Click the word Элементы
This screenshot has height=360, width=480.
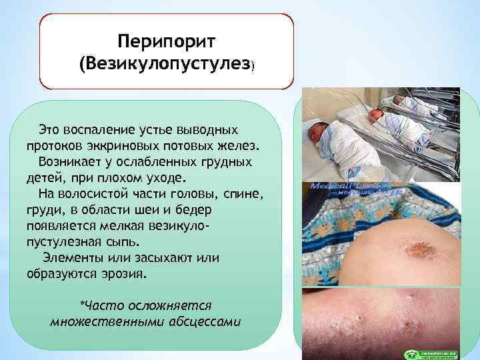(72, 257)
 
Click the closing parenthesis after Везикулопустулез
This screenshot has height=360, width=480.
(253, 67)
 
